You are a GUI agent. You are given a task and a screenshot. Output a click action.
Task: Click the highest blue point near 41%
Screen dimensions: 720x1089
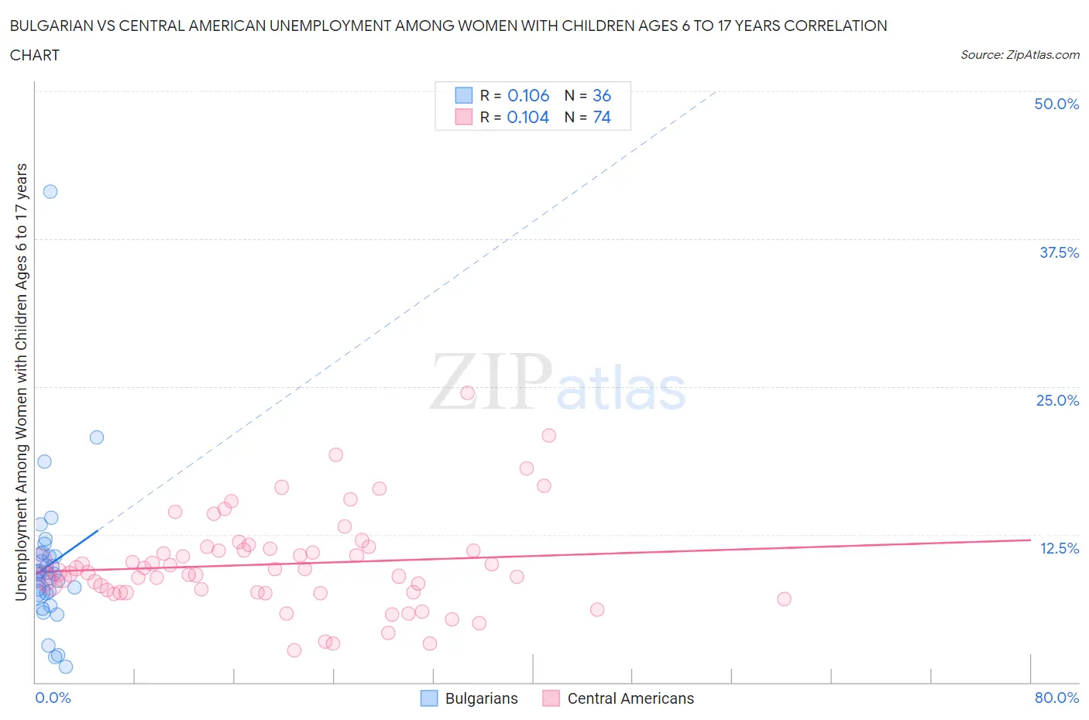coord(50,191)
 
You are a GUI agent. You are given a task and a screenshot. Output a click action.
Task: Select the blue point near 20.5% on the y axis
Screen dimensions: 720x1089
coord(97,437)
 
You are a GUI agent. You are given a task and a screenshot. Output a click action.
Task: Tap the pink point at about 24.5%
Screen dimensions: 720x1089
coord(468,393)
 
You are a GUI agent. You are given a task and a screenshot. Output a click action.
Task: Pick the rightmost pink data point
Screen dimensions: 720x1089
coord(784,599)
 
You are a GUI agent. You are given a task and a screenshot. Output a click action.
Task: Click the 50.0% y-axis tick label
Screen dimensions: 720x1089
coord(1056,104)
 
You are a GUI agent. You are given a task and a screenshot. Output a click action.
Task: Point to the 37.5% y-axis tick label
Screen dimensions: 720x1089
coord(1059,252)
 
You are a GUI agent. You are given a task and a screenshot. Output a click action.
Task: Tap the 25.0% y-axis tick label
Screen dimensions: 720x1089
coord(1057,400)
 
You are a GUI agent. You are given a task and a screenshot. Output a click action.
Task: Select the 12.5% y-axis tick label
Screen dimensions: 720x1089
coord(1059,548)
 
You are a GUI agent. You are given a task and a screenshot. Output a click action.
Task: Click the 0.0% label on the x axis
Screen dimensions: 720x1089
coord(53,698)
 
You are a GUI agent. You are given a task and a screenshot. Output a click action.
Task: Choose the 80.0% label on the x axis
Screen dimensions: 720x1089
coord(1056,698)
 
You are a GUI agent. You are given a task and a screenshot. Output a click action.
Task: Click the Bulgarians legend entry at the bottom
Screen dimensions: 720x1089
coord(469,698)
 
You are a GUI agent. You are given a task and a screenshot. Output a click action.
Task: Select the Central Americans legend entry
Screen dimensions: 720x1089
coord(618,698)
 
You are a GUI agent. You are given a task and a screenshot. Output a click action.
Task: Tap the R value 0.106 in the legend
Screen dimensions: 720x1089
coord(528,95)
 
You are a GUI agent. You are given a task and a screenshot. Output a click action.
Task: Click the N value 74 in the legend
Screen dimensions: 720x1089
coord(602,117)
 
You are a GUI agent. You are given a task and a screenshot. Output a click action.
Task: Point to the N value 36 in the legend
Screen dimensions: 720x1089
coord(602,95)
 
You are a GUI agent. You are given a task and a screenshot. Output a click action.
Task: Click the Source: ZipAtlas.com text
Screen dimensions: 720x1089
coord(1019,54)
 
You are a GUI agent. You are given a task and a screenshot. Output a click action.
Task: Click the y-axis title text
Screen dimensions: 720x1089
coord(22,382)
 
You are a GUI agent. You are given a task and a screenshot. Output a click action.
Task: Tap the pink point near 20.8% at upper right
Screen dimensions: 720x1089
coord(549,435)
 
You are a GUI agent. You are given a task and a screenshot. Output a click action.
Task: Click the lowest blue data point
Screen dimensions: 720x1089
coord(66,667)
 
